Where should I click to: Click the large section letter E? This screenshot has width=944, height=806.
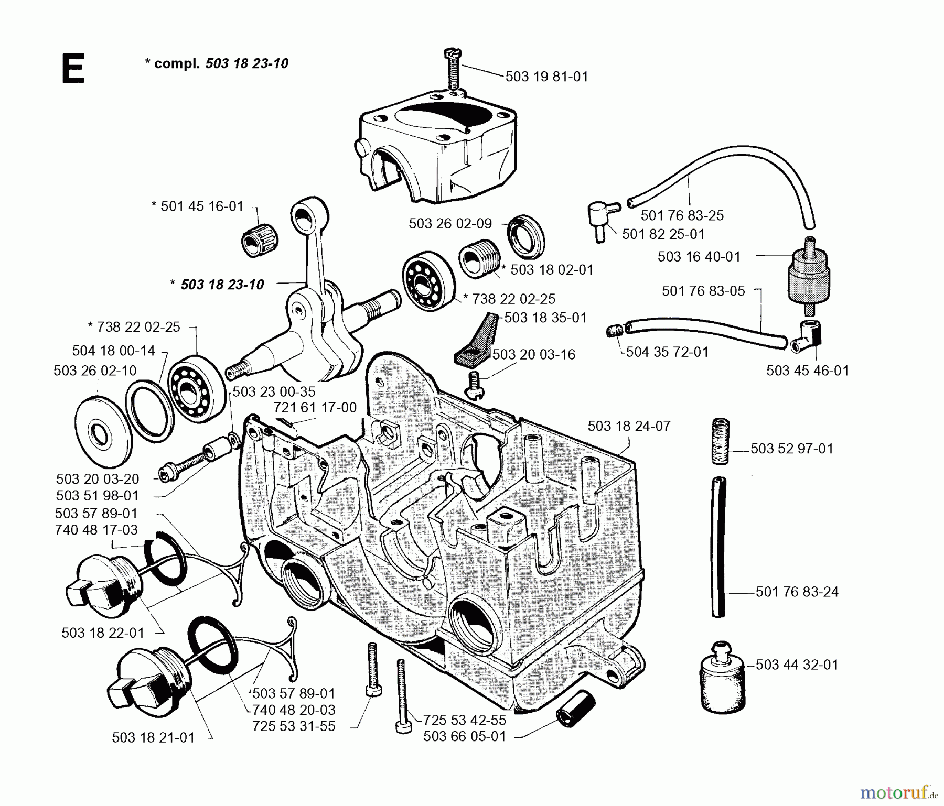pos(73,70)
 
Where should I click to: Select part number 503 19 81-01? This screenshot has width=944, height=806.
pos(546,77)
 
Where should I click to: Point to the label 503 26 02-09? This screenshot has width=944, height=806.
pos(450,224)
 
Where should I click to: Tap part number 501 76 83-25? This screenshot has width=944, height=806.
pos(682,215)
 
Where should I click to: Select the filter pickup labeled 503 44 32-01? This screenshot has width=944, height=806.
pos(723,676)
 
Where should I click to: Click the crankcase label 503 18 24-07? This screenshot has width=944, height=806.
pos(629,426)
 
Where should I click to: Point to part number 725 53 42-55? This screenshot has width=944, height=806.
pos(465,720)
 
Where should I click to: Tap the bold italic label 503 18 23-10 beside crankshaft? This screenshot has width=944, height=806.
pos(222,285)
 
